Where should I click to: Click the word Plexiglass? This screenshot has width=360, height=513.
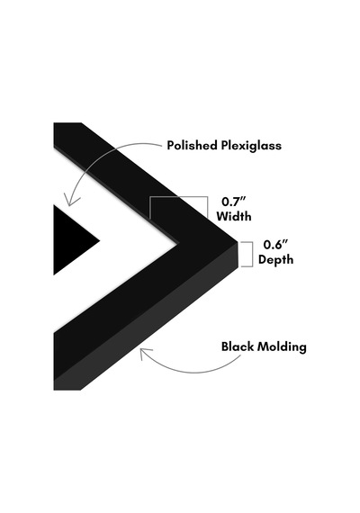[x=251, y=146]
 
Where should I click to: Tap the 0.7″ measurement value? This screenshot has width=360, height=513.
[x=234, y=202]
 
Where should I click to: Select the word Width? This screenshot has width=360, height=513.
[x=234, y=216]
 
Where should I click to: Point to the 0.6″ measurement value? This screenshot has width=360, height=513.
[x=275, y=245]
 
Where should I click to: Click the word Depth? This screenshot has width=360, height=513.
[x=275, y=260]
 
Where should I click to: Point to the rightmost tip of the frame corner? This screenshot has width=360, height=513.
[x=238, y=243]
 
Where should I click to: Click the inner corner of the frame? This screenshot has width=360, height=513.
[x=177, y=243]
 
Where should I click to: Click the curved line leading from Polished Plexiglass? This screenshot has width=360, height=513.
[x=98, y=157]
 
